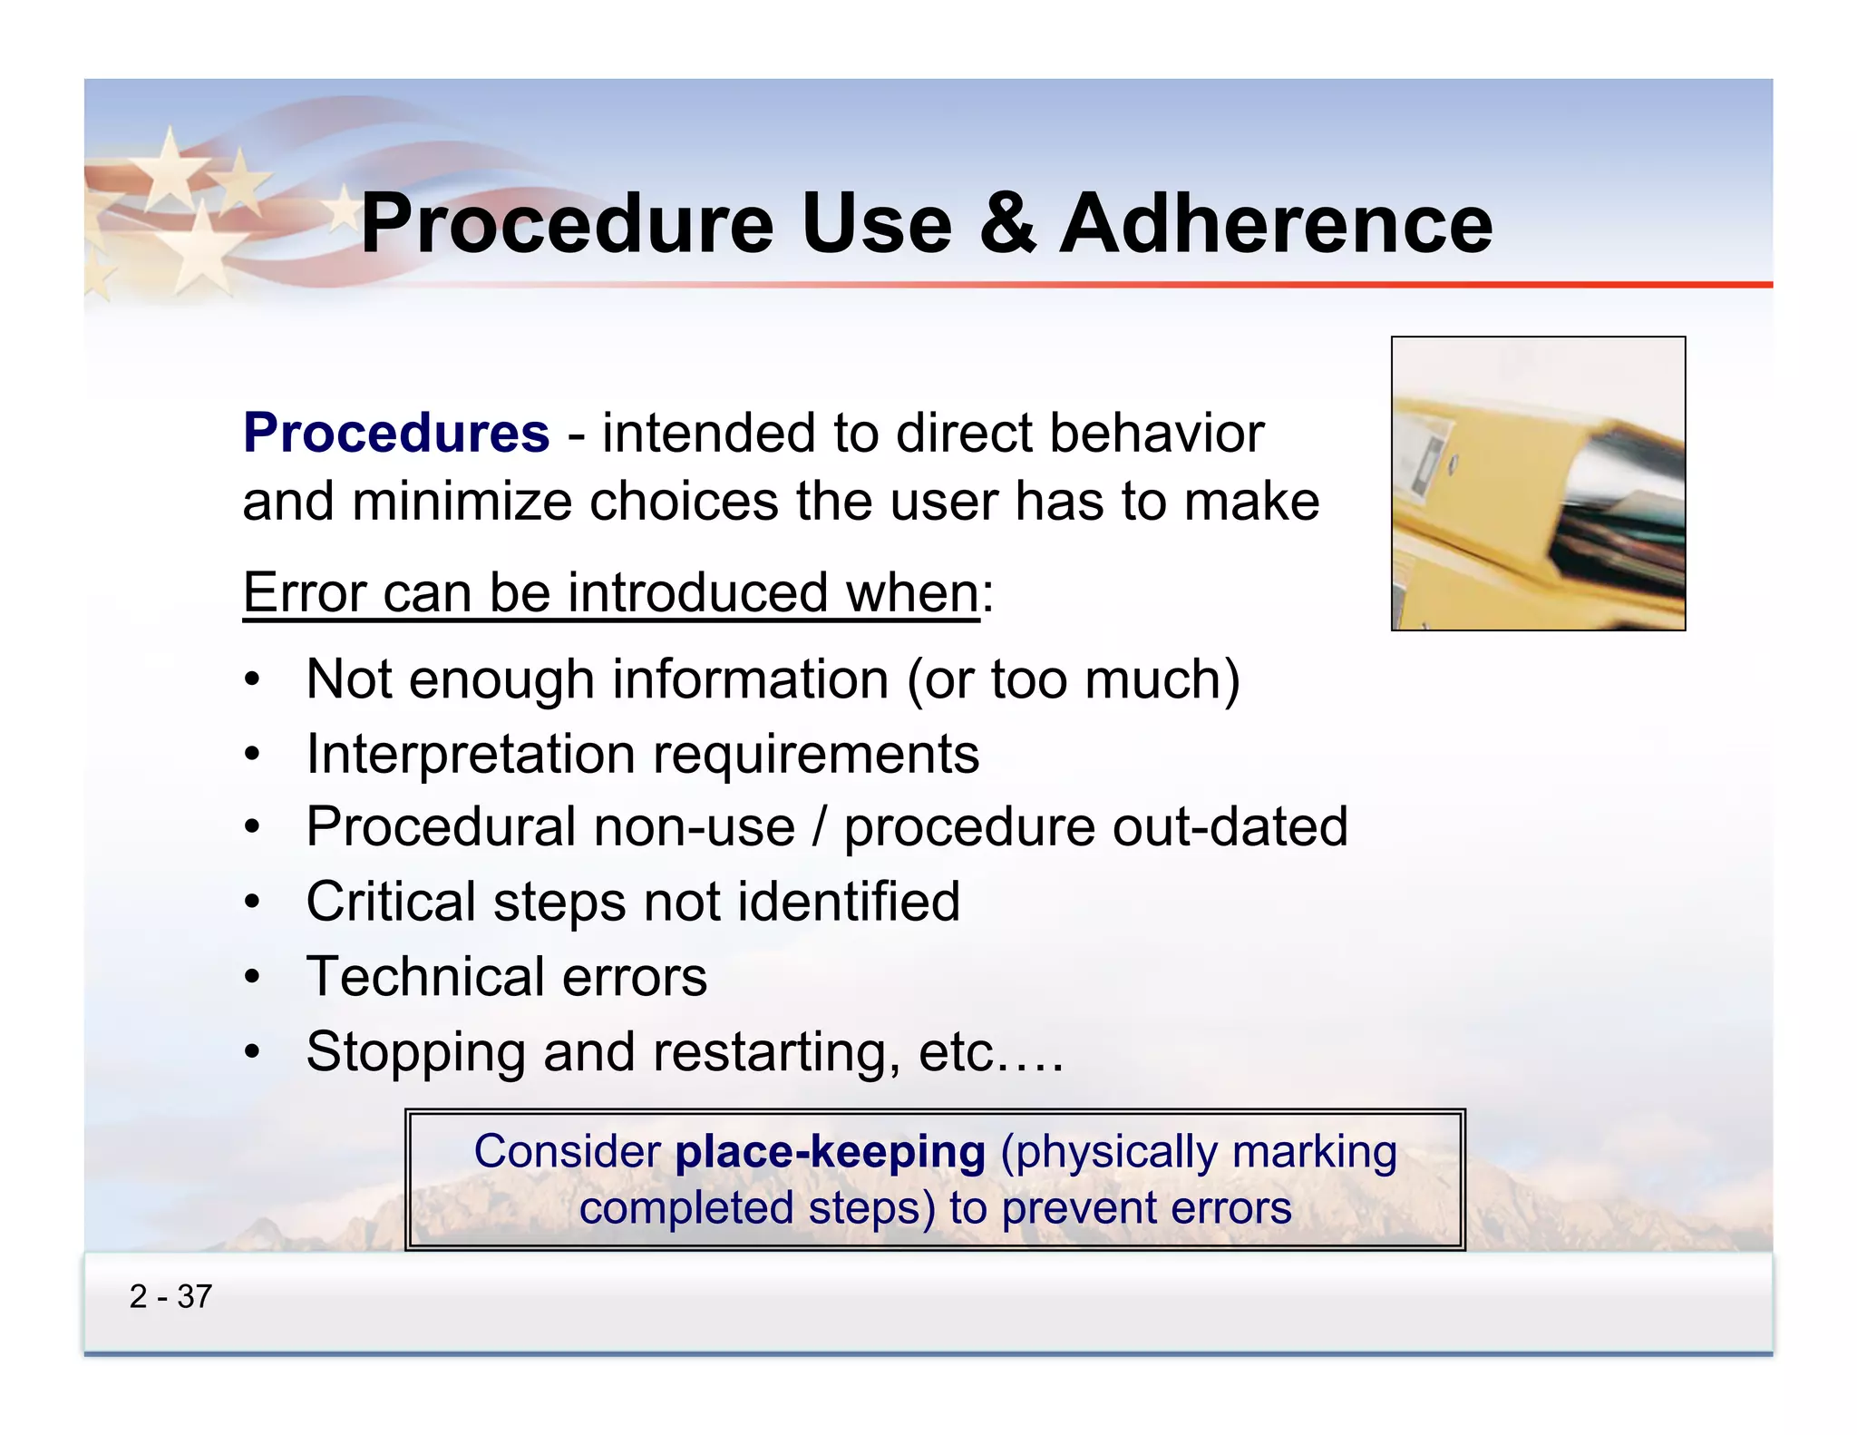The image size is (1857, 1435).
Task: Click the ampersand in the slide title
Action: click(x=1006, y=224)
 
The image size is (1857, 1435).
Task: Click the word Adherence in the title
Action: click(x=1276, y=224)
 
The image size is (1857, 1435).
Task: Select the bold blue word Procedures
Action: click(x=396, y=433)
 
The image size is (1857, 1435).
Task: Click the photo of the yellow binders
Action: click(x=1538, y=483)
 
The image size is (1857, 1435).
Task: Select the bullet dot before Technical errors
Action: click(x=253, y=978)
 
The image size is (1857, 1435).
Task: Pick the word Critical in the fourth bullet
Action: click(x=390, y=902)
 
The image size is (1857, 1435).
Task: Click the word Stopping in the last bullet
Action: click(x=415, y=1052)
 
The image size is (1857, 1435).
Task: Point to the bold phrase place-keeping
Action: click(x=830, y=1152)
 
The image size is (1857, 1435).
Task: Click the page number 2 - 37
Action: click(x=170, y=1297)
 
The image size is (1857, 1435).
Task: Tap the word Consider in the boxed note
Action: click(x=567, y=1152)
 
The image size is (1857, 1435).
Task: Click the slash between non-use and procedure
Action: click(x=820, y=827)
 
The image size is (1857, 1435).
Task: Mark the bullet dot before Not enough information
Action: click(x=253, y=680)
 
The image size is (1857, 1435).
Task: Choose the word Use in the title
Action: click(x=876, y=224)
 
